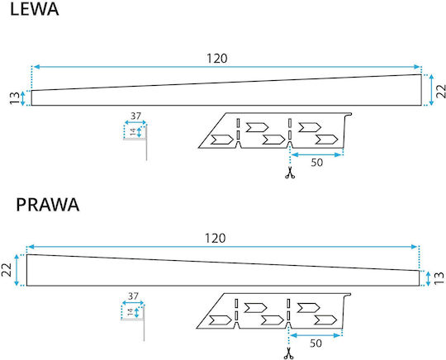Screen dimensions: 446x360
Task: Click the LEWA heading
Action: (x=35, y=9)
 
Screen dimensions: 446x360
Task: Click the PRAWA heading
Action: (x=48, y=205)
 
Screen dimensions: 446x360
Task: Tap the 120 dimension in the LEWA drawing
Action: (x=217, y=59)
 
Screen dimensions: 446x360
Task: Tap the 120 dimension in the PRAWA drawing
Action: (x=216, y=239)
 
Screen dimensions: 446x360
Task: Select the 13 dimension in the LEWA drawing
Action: (x=15, y=98)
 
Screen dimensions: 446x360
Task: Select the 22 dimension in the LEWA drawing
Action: (x=441, y=91)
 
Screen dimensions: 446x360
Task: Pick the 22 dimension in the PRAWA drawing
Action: (x=7, y=269)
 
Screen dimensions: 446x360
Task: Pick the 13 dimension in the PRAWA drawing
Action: (x=439, y=278)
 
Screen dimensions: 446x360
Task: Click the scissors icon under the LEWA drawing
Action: (x=290, y=173)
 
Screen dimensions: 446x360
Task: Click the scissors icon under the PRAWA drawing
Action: (x=289, y=353)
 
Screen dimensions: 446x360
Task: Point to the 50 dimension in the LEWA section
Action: (x=317, y=163)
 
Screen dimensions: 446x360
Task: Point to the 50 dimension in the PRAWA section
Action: (x=316, y=343)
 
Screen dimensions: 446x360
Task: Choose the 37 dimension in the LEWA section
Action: (x=135, y=116)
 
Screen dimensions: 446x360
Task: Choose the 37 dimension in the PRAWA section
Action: (x=133, y=296)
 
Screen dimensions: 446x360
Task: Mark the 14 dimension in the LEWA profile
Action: (x=133, y=132)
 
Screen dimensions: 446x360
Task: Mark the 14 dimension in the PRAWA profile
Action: (x=130, y=312)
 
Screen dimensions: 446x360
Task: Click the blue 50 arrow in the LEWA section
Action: (x=316, y=154)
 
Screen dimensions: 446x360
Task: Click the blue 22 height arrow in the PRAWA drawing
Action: (x=17, y=270)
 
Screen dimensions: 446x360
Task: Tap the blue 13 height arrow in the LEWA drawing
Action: (x=23, y=98)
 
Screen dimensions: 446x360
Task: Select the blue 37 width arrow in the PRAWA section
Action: (x=133, y=303)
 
